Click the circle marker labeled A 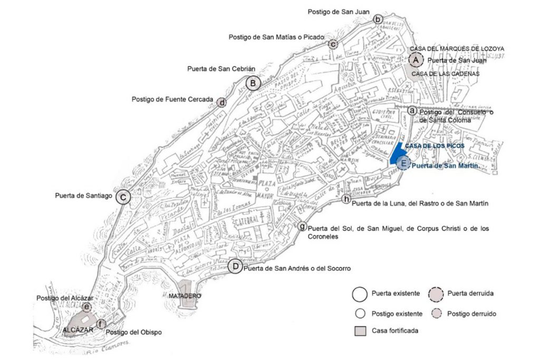pyautogui.click(x=416, y=61)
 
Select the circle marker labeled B pyautogui.click(x=253, y=83)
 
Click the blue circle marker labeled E pyautogui.click(x=403, y=164)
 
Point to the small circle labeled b pyautogui.click(x=378, y=20)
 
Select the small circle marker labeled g pyautogui.click(x=302, y=227)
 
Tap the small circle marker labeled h pyautogui.click(x=346, y=199)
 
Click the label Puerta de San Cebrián pyautogui.click(x=214, y=69)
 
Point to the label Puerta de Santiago pyautogui.click(x=83, y=196)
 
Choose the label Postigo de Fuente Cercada pyautogui.click(x=172, y=99)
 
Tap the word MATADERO pyautogui.click(x=185, y=296)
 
